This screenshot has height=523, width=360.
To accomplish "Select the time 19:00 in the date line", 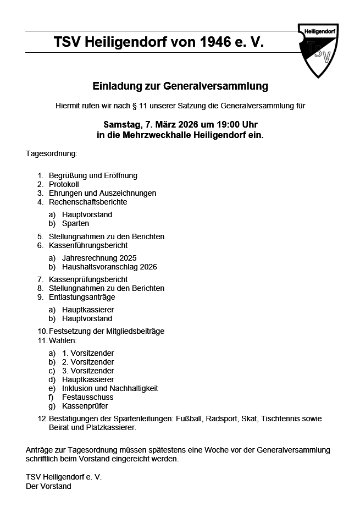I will [x=218, y=124].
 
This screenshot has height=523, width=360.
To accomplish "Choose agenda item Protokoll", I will [x=64, y=184].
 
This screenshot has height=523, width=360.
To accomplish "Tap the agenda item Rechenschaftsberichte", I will [x=88, y=202].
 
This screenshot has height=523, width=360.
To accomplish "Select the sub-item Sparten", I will [x=75, y=223].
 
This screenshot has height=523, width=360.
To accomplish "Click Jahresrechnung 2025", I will [x=99, y=258].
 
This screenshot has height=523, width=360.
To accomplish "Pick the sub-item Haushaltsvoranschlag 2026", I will [x=109, y=267].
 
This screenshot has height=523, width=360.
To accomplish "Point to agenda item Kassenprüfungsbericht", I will [x=88, y=279].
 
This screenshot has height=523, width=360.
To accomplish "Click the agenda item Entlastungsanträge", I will [x=82, y=297].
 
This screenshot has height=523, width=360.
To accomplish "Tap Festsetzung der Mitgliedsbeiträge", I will [x=107, y=331].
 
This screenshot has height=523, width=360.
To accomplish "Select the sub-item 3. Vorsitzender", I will [x=88, y=371].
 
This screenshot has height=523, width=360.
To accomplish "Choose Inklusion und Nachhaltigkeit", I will [x=110, y=388].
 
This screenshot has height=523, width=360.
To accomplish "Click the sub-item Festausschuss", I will [x=88, y=397].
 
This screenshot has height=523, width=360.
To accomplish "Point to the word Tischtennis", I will [x=282, y=419].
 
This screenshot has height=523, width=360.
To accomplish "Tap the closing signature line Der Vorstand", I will [x=48, y=486].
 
